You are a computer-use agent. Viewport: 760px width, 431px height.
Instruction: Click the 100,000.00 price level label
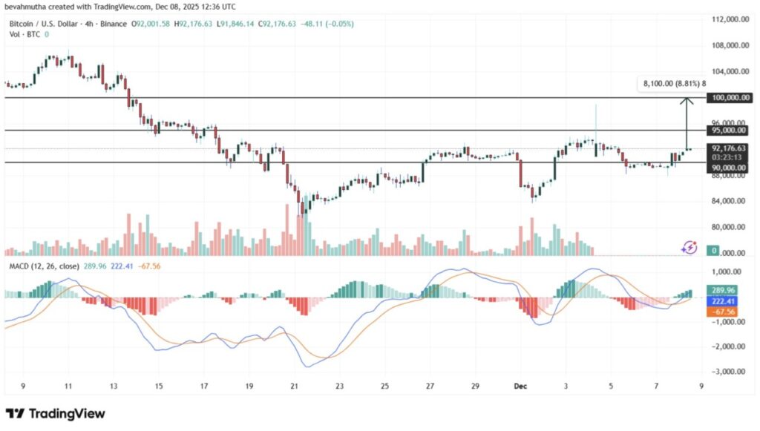[724, 97]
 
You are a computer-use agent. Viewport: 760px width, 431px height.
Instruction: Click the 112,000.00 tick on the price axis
[724, 19]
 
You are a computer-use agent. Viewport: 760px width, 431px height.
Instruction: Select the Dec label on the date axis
[521, 386]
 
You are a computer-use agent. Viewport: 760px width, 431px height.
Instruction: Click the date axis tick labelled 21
[295, 386]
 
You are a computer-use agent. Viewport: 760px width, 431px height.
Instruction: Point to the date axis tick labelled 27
[430, 386]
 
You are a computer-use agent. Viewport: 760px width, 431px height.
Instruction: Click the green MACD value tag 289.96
[722, 291]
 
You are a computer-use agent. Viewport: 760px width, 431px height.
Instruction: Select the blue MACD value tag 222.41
[722, 302]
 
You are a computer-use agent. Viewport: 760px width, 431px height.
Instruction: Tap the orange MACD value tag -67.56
[722, 312]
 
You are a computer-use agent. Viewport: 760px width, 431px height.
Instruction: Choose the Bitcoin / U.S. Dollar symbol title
[45, 24]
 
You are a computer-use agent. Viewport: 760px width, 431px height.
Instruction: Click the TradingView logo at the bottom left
[56, 413]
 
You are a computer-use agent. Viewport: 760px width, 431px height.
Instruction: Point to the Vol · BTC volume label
[24, 34]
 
